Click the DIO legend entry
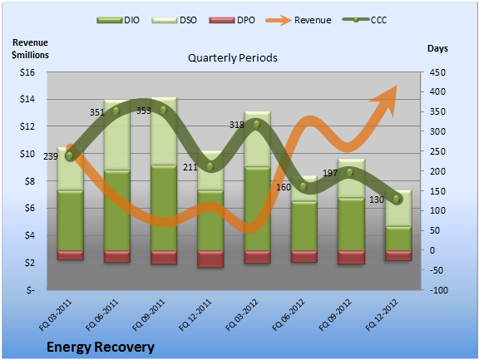pos(118,20)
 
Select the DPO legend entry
pos(232,20)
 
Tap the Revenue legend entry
pos(299,20)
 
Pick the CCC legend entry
pos(364,20)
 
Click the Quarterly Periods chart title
pos(233,57)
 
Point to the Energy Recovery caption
pos(101,348)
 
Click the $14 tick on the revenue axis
pos(27,99)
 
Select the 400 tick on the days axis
pos(437,91)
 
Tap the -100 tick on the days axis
pos(439,290)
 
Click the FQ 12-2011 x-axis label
pos(195,315)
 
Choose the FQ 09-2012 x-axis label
pos(335,315)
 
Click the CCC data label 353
pos(144,111)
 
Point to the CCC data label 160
pos(284,187)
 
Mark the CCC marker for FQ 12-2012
pos(396,200)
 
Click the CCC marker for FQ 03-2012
pos(256,125)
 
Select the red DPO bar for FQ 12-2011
pos(210,259)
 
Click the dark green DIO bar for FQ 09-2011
pos(164,208)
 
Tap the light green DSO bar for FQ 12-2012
pos(398,208)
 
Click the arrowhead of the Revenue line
pos(387,99)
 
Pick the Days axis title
pos(437,48)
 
